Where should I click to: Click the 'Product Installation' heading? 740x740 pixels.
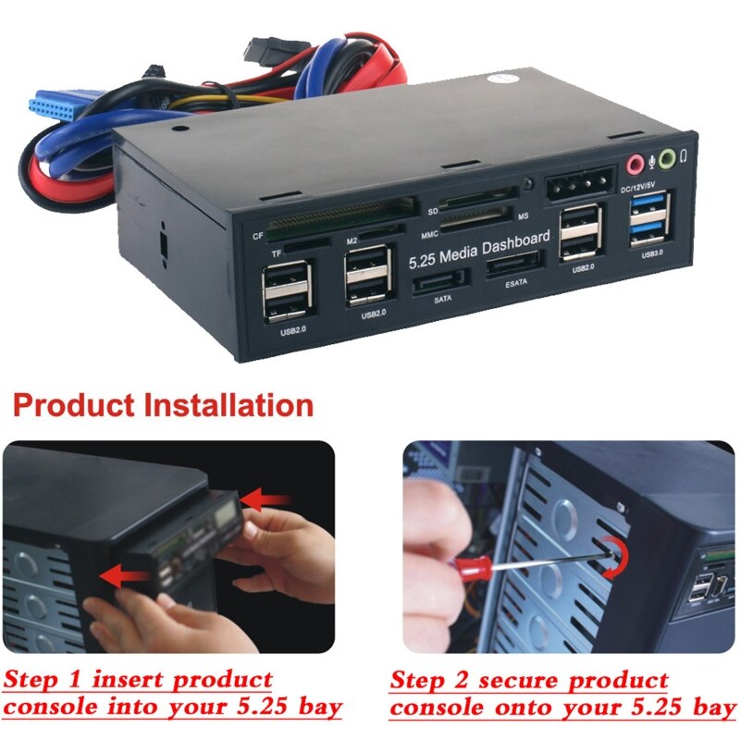[x=163, y=405]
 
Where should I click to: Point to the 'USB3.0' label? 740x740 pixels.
[x=652, y=253]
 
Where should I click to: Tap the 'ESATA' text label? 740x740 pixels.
[x=515, y=286]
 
